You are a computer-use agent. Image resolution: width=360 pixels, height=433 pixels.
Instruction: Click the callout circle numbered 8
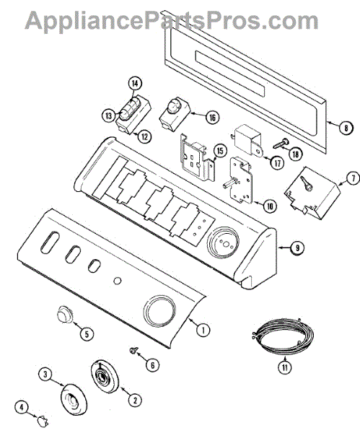[346, 128]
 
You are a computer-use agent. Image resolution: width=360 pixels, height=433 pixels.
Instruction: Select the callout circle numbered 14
[135, 84]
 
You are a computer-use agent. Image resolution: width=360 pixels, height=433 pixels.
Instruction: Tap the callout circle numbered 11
[285, 367]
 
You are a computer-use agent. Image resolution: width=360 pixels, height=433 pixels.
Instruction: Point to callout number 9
[297, 248]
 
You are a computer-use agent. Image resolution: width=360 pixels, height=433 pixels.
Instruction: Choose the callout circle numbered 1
[203, 330]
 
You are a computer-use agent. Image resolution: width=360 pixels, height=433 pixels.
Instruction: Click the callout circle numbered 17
[278, 163]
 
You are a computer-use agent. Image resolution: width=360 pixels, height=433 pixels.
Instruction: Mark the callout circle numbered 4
[22, 406]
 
